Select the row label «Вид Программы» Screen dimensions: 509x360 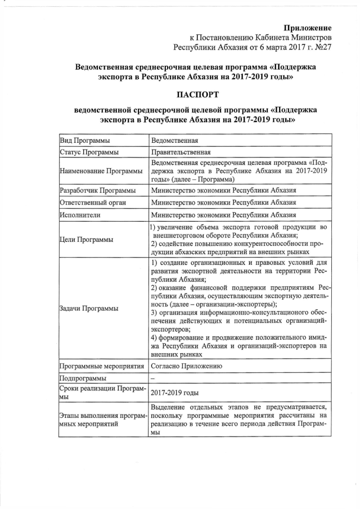point(84,141)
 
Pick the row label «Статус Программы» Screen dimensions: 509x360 point(88,152)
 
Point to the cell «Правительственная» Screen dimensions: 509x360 point(181,152)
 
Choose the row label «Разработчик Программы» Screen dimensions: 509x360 point(97,191)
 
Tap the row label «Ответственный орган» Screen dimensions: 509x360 point(92,202)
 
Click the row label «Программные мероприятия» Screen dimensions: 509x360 point(102,366)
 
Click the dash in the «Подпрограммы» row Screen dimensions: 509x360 point(153,379)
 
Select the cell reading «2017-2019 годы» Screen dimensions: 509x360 point(174,393)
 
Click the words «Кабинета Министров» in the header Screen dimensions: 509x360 point(299,37)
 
